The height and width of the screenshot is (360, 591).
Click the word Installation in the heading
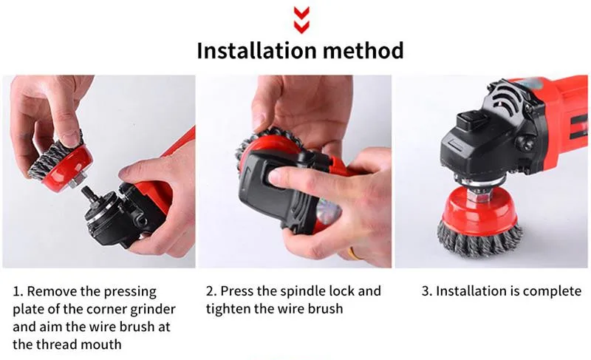point(257,50)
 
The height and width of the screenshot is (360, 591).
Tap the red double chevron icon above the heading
point(301,20)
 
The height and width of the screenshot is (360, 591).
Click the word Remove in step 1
point(51,291)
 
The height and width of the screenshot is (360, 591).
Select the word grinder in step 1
point(153,310)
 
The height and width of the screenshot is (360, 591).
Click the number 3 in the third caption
point(426,291)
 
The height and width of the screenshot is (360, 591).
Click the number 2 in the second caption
point(211,291)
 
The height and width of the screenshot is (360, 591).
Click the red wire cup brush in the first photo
point(61,164)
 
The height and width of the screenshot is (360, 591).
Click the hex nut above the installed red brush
point(478,194)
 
